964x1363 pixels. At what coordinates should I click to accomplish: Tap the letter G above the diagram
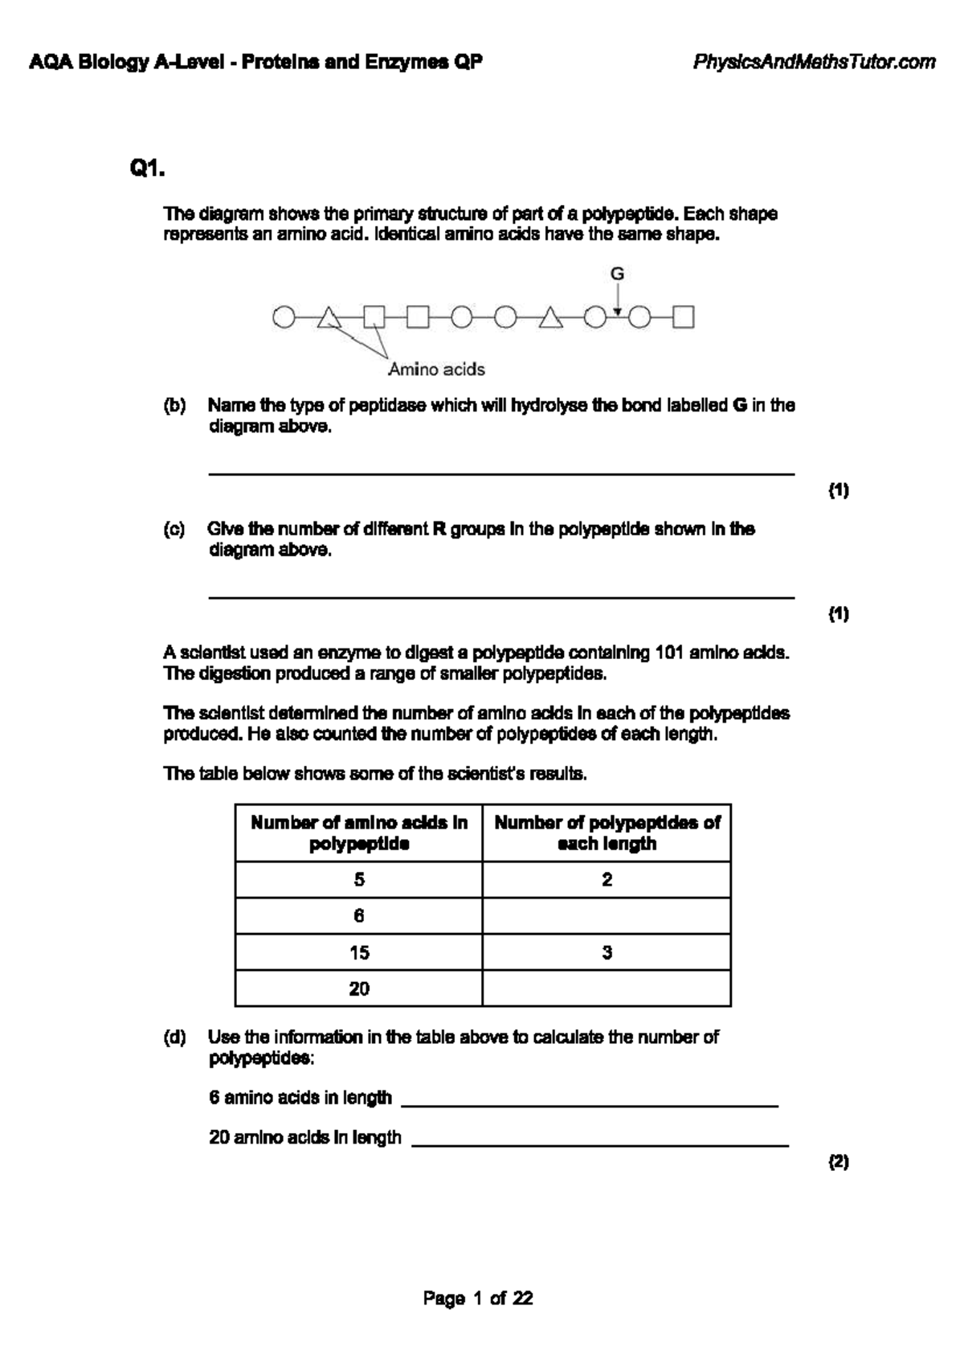[x=617, y=274]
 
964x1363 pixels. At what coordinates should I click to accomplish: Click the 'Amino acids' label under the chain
[x=436, y=370]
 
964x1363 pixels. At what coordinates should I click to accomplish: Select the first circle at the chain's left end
[x=283, y=318]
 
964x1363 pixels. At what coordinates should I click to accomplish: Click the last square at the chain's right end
[x=683, y=318]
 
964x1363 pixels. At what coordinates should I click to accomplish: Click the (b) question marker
[x=174, y=406]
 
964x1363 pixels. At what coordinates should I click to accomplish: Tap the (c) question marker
[x=174, y=530]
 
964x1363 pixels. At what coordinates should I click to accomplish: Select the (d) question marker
[x=174, y=1038]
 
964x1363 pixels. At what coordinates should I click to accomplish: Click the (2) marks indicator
[x=839, y=1162]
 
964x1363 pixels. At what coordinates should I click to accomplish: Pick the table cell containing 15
[x=359, y=953]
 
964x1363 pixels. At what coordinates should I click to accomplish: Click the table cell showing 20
[x=359, y=989]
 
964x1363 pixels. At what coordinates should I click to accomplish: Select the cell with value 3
[x=607, y=953]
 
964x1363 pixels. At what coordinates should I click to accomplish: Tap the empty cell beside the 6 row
[x=607, y=916]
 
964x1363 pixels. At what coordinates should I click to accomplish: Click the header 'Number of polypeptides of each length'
[x=607, y=833]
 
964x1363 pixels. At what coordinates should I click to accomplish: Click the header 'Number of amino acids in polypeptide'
[x=359, y=833]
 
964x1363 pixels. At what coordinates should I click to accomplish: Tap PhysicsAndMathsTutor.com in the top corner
[x=814, y=62]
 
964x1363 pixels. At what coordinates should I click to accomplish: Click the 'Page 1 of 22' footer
[x=478, y=1299]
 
